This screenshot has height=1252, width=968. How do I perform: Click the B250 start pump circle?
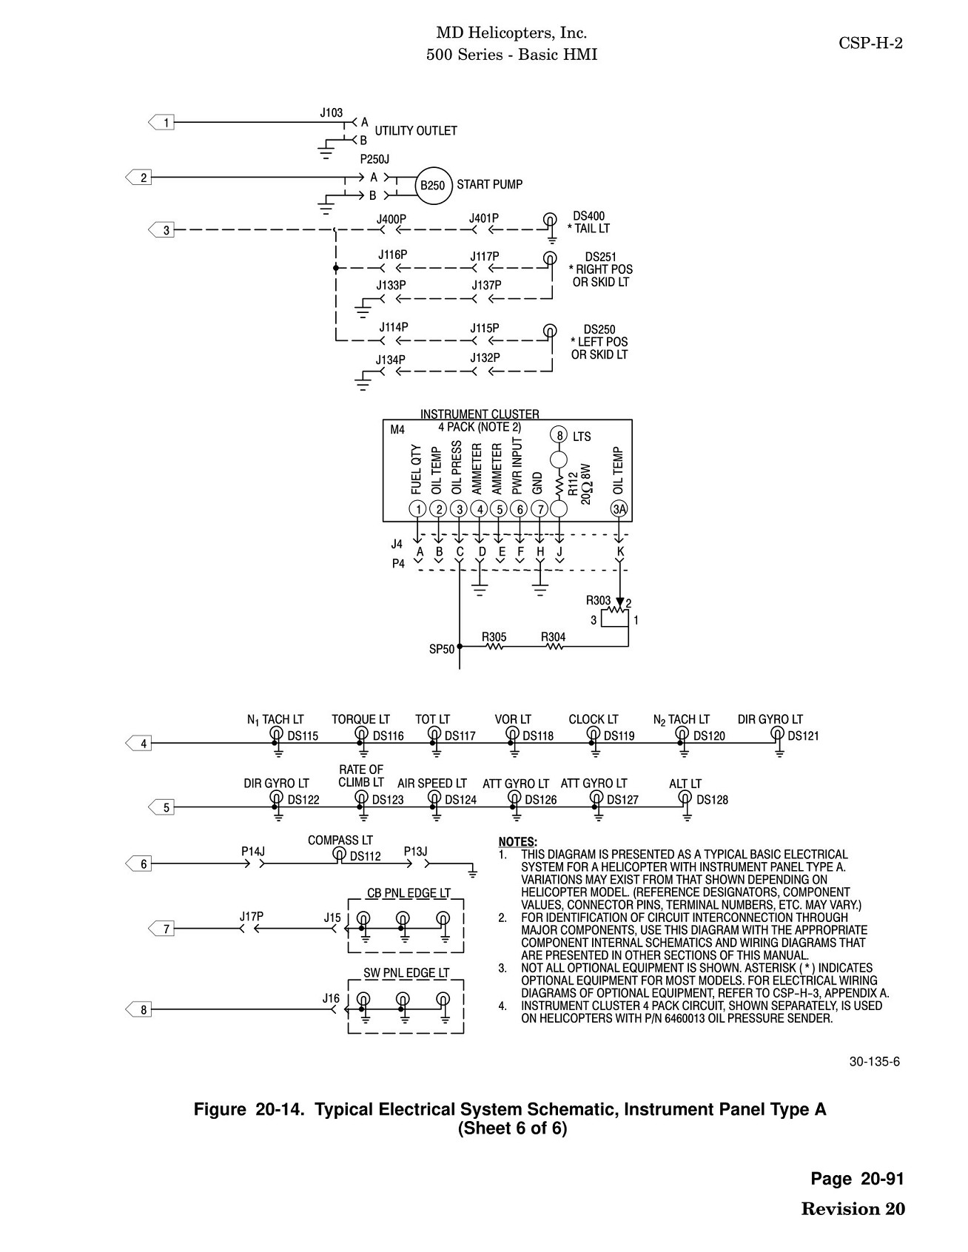432,185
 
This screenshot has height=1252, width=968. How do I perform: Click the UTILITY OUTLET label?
416,131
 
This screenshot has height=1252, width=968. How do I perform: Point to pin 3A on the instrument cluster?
619,508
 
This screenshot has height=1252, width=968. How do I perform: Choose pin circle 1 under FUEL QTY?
417,508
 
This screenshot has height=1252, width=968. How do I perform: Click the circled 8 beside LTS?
559,435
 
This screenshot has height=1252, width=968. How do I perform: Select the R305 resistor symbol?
494,647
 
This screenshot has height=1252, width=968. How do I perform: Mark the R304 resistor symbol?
554,647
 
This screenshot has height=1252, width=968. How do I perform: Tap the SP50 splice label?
442,650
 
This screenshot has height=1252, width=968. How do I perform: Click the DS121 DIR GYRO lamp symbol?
778,733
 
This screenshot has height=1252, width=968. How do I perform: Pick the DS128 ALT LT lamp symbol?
686,797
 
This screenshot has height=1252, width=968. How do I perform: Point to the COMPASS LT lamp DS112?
340,853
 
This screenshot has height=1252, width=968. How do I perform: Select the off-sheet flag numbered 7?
162,929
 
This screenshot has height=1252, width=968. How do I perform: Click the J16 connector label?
331,998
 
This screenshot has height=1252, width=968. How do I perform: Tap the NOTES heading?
517,842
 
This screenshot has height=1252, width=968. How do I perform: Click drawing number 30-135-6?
874,1062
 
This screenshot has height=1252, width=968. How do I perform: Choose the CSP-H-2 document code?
870,43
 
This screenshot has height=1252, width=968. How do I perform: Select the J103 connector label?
332,113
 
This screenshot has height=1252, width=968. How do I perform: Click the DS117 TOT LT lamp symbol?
435,733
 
